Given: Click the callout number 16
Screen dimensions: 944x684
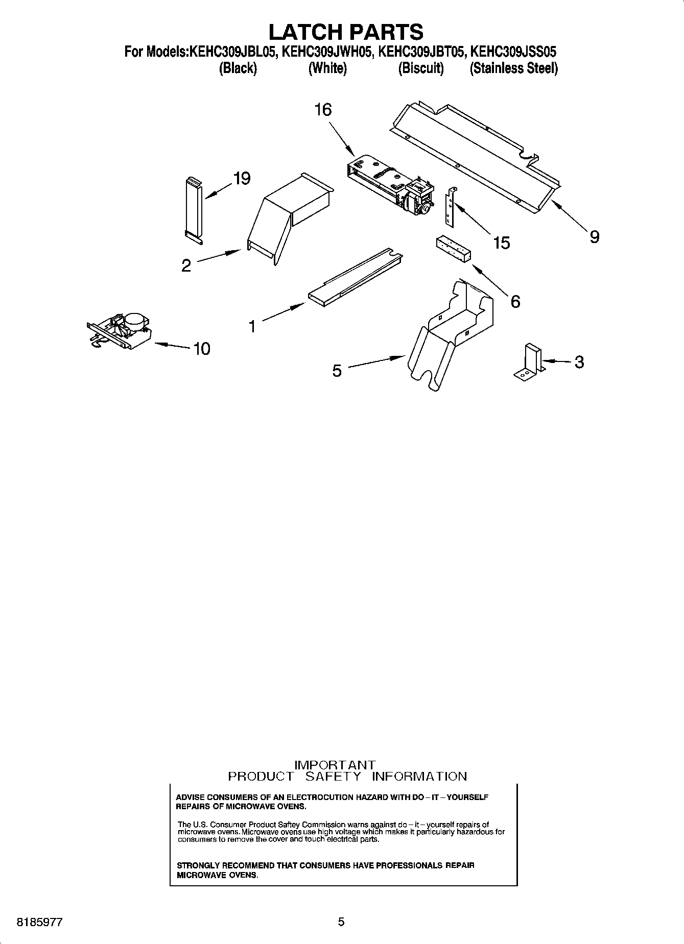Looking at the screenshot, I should click(x=323, y=110).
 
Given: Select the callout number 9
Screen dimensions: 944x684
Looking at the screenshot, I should click(x=594, y=236).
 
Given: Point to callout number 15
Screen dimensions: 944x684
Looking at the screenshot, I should click(x=502, y=243).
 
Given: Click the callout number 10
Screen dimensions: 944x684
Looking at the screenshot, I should click(x=202, y=349).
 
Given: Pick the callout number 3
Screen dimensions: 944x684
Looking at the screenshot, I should click(x=579, y=362).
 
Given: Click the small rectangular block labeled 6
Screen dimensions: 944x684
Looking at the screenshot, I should click(x=453, y=250).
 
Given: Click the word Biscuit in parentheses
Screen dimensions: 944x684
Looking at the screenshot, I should click(x=421, y=68).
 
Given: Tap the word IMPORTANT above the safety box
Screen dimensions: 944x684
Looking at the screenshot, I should click(x=335, y=765).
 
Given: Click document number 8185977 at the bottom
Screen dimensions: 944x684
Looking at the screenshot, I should click(x=40, y=923).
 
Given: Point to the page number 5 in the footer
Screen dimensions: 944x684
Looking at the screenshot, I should click(x=341, y=922).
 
